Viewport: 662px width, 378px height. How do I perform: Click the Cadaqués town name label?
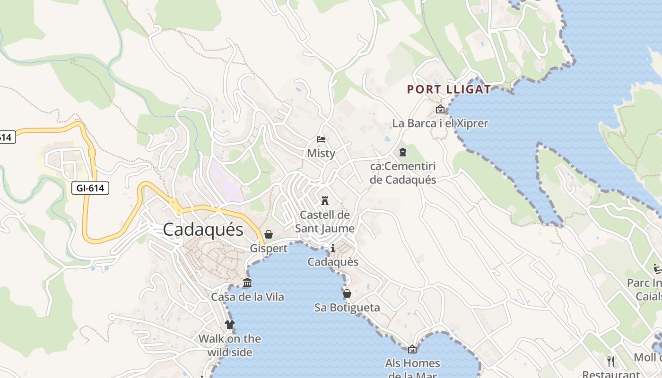[203, 230]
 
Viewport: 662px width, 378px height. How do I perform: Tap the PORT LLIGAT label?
[449, 89]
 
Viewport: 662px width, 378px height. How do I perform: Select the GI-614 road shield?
[90, 188]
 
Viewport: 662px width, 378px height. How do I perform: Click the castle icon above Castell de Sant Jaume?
[324, 200]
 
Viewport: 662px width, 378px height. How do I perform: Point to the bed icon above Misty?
[321, 139]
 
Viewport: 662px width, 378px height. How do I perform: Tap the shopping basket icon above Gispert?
[269, 234]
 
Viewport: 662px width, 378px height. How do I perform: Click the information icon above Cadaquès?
[333, 248]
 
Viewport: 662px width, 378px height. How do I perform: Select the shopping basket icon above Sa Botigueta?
[347, 293]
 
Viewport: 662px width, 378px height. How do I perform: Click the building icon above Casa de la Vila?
[247, 283]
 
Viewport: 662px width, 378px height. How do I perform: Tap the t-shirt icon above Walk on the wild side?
[230, 325]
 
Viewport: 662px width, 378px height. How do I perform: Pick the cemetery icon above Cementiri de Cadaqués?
[402, 152]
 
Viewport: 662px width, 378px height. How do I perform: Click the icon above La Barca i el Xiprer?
[440, 110]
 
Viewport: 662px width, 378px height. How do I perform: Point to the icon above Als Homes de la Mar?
[412, 349]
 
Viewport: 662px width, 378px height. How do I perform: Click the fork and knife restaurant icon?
[611, 361]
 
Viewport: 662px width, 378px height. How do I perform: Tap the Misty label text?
[321, 153]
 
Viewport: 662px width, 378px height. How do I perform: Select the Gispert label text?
[269, 249]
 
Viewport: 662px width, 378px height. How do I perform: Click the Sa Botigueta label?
[347, 308]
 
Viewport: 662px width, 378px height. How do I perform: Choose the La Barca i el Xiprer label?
[440, 123]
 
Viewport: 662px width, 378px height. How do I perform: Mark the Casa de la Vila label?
[247, 297]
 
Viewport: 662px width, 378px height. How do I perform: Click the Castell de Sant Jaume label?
[325, 222]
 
